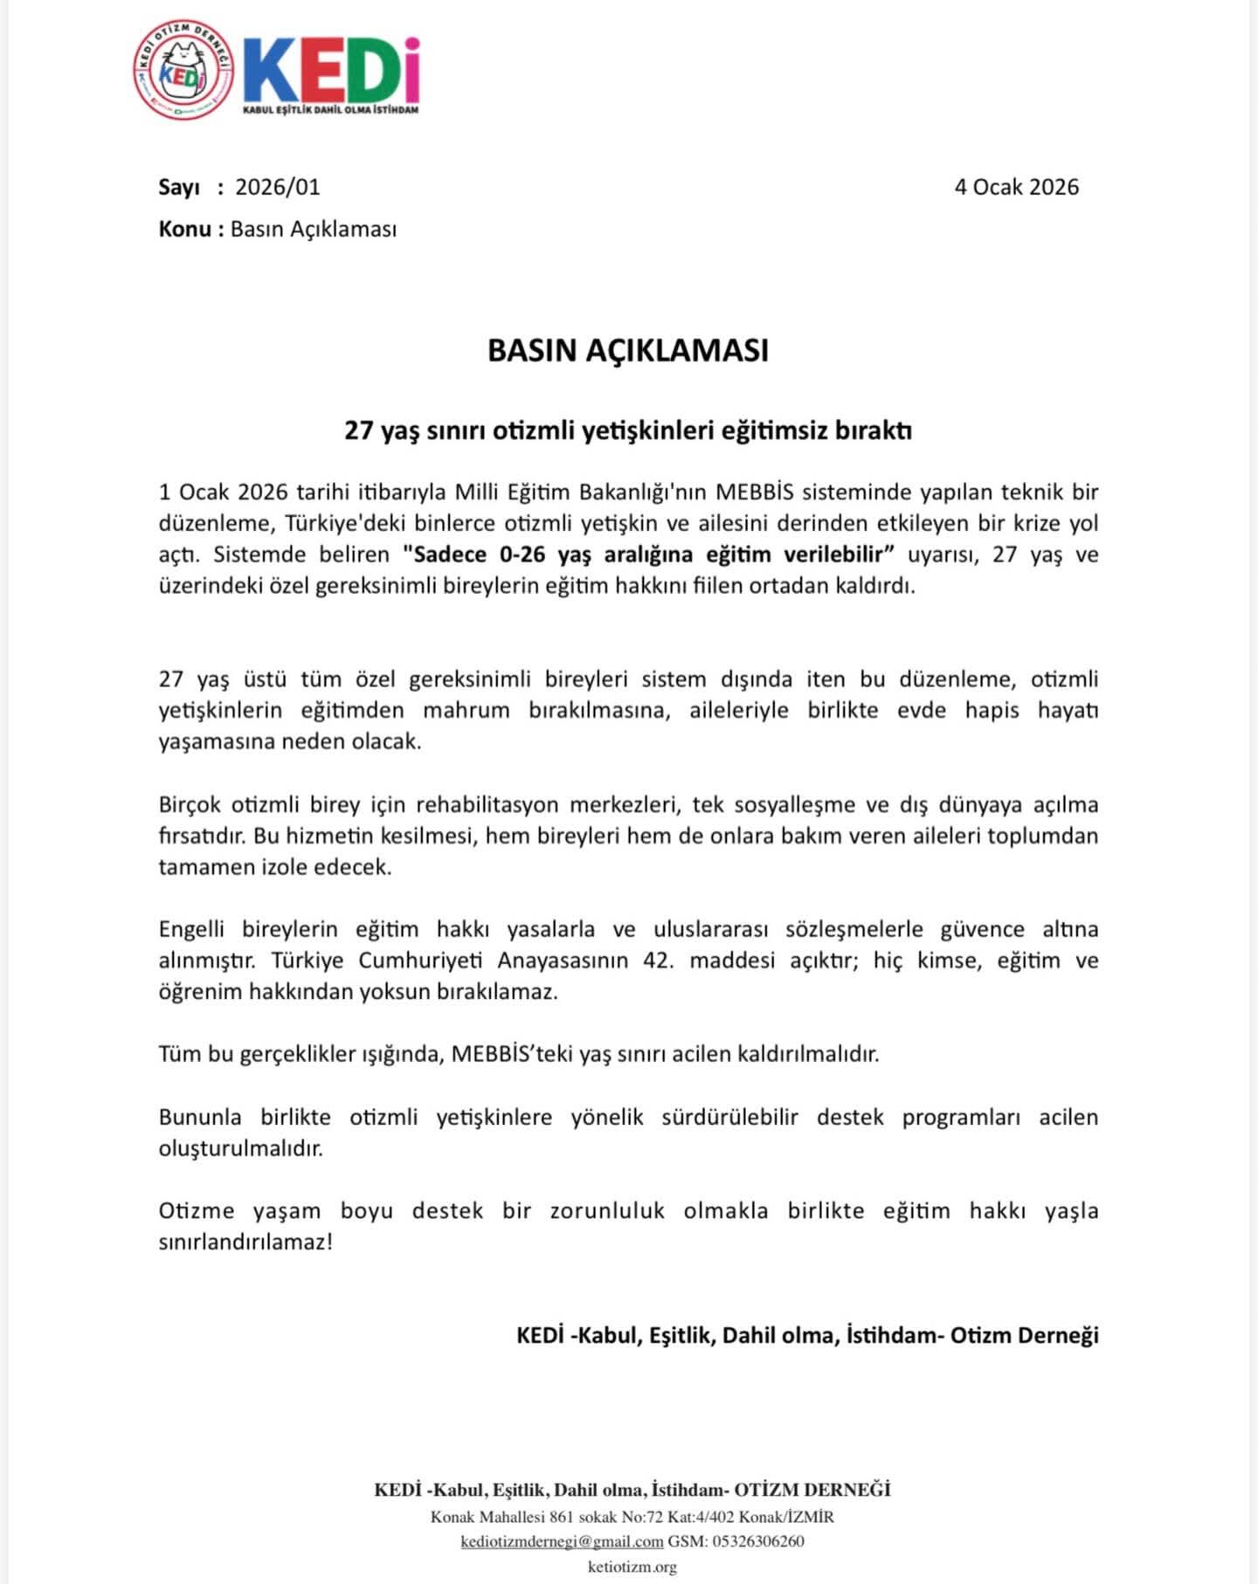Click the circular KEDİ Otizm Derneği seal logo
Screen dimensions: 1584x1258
point(184,70)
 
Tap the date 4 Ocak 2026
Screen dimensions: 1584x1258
point(1016,187)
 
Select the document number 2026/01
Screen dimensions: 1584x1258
point(278,187)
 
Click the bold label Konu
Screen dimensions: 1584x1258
point(184,229)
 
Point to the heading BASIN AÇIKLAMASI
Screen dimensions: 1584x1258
point(628,350)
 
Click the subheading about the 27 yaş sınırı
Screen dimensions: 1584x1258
point(628,430)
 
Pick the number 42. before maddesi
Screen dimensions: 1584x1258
point(659,961)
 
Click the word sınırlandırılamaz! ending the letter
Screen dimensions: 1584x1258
point(245,1242)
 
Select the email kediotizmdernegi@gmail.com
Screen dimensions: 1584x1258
point(562,1541)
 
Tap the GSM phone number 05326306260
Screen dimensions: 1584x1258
point(758,1541)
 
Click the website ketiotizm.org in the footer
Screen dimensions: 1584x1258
point(632,1567)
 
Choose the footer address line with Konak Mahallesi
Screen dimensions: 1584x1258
point(632,1517)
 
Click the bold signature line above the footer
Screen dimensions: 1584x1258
point(807,1335)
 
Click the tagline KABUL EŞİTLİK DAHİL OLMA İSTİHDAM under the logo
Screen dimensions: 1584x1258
point(330,110)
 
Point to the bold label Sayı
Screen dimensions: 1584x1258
point(179,187)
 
